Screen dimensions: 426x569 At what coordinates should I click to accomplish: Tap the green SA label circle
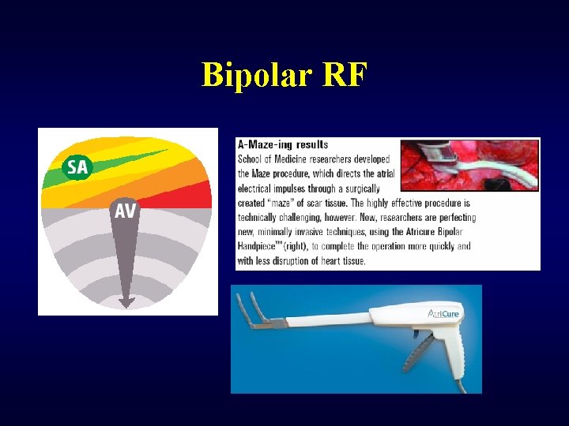click(x=77, y=166)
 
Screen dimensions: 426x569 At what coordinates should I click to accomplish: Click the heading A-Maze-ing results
click(x=282, y=145)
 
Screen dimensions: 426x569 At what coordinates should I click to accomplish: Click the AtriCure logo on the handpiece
click(x=444, y=314)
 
